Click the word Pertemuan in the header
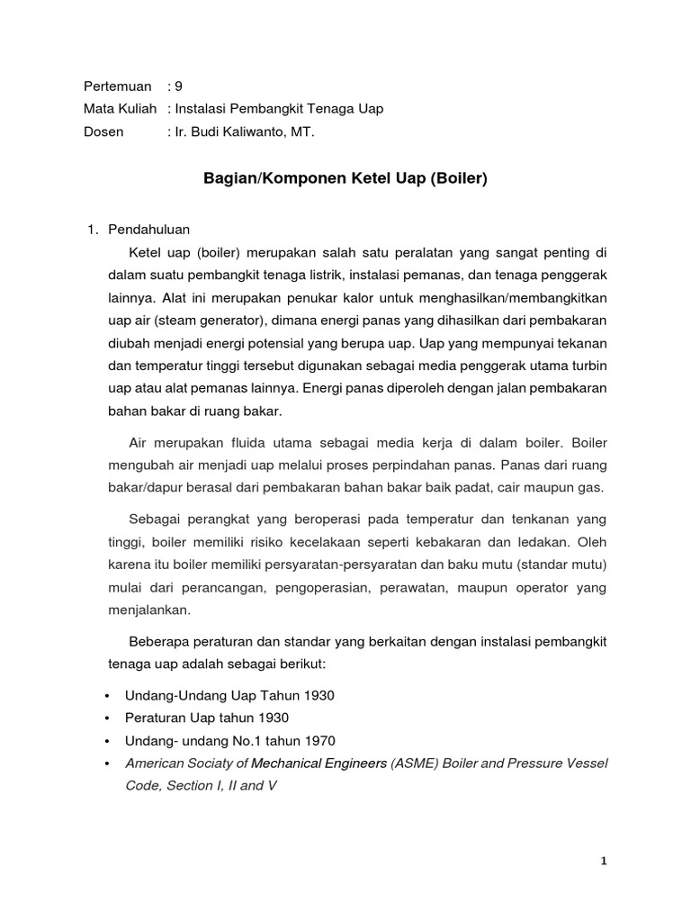(x=117, y=86)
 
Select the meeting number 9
(x=178, y=86)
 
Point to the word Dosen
(x=103, y=131)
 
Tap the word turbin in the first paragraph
(x=587, y=364)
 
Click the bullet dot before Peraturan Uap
(x=108, y=719)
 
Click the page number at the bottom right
(x=604, y=861)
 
